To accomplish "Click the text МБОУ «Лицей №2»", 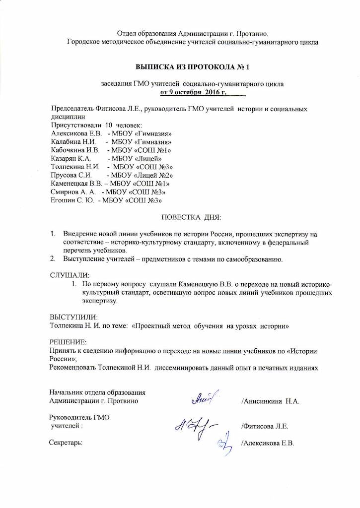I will pyautogui.click(x=142, y=175).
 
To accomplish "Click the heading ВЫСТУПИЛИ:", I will pyautogui.click(x=73, y=317).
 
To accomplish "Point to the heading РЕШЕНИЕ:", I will pyautogui.click(x=68, y=342).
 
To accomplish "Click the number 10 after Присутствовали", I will pyautogui.click(x=109, y=126).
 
